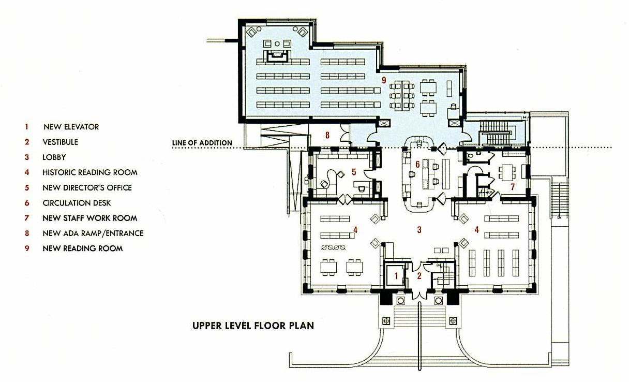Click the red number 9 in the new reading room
(x=384, y=80)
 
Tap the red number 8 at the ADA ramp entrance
(x=327, y=135)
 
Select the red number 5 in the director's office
(x=354, y=172)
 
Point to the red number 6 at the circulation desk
(x=417, y=165)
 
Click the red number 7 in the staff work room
(x=513, y=187)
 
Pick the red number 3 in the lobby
(x=419, y=230)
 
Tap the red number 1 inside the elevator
(x=396, y=276)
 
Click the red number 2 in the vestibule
(x=419, y=276)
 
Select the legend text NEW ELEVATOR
(x=71, y=127)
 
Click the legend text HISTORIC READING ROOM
(x=90, y=172)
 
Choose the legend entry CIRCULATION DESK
(x=77, y=203)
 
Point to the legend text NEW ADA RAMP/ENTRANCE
(x=93, y=233)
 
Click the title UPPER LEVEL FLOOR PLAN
(x=253, y=326)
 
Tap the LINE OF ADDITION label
(x=202, y=143)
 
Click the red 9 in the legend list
(x=27, y=248)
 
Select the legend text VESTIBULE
(x=60, y=142)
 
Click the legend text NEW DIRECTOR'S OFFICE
(x=87, y=188)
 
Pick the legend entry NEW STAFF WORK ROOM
(x=90, y=218)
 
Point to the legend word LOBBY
(x=54, y=157)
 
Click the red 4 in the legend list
(x=27, y=172)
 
